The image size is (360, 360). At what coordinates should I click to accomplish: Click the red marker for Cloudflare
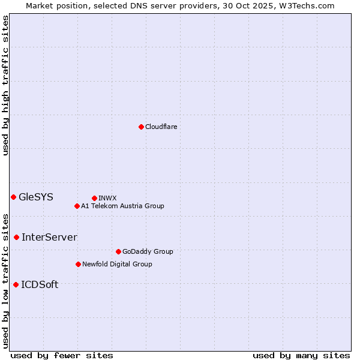[x=141, y=127]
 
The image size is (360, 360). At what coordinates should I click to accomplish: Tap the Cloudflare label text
[x=161, y=127]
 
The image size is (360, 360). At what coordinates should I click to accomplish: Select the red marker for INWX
[x=94, y=198]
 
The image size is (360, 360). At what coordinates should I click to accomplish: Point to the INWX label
[x=107, y=198]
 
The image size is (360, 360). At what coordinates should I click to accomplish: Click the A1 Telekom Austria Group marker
[x=77, y=206]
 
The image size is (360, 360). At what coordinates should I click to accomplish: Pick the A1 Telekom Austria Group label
[x=122, y=206]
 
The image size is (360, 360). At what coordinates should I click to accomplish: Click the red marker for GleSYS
[x=13, y=197]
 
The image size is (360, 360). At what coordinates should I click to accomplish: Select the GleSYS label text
[x=36, y=197]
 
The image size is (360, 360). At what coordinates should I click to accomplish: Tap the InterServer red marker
[x=16, y=237]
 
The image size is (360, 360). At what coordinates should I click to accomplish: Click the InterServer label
[x=49, y=237]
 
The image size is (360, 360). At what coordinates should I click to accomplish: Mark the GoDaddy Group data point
[x=118, y=251]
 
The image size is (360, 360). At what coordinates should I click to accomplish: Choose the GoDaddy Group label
[x=148, y=251]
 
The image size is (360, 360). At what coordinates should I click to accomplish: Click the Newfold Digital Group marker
[x=78, y=264]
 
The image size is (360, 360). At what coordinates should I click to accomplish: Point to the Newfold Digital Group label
[x=117, y=264]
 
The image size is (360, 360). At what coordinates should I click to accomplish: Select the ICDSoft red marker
[x=16, y=284]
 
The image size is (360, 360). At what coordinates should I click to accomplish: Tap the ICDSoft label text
[x=40, y=284]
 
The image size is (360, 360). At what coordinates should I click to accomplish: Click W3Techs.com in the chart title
[x=310, y=5]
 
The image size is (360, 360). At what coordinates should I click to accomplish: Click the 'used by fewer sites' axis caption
[x=62, y=355]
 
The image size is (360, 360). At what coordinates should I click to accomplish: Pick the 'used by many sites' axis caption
[x=301, y=355]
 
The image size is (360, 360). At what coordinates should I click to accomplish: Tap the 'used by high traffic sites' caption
[x=5, y=85]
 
